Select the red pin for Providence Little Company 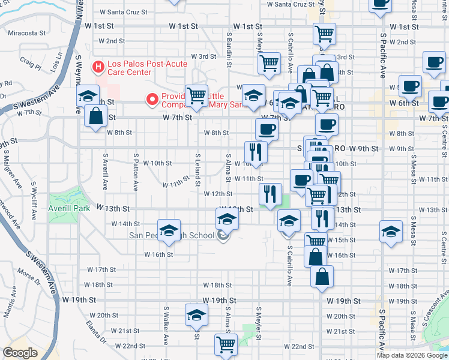(152, 98)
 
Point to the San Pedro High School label (172, 235)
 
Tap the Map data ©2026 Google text (412, 355)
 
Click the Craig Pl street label (29, 61)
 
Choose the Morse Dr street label (28, 275)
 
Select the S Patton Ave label (136, 175)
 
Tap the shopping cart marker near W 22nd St (226, 344)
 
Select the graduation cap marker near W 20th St (196, 316)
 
